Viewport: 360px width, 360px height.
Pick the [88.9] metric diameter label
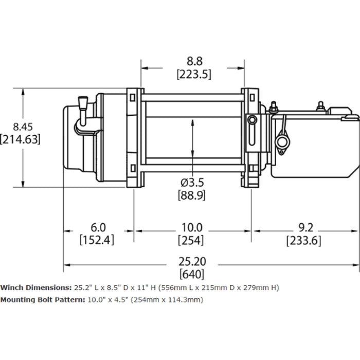tap(192, 195)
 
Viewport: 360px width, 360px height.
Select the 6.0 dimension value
tap(97, 227)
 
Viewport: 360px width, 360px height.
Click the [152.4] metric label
tap(97, 240)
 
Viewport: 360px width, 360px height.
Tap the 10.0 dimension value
tap(192, 227)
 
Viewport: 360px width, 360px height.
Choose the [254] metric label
tap(192, 240)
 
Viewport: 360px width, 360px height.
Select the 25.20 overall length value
tap(192, 261)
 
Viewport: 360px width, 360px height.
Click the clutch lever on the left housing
tap(82, 111)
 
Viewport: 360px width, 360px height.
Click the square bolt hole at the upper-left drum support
tap(133, 98)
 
